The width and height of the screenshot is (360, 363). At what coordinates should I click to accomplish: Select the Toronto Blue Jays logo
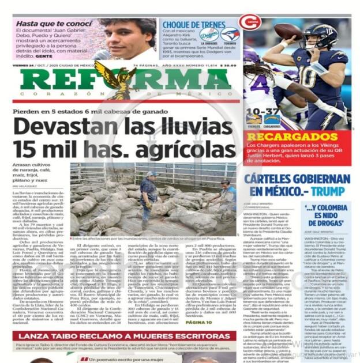tap(230, 35)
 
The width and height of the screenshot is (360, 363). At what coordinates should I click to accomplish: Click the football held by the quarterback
tap(283, 31)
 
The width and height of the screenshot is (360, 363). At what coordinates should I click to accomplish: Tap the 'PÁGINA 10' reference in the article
tap(198, 322)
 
